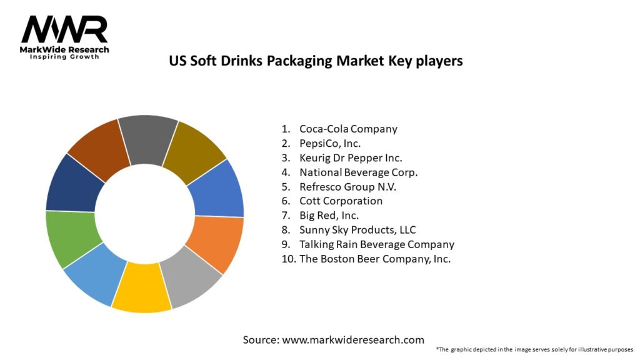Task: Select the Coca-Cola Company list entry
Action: point(348,129)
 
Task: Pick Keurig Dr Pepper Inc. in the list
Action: point(351,157)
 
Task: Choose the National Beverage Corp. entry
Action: point(358,172)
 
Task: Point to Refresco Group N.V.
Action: point(348,186)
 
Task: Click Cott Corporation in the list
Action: point(341,201)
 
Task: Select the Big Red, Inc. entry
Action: point(329,215)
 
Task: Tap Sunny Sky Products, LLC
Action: point(357,229)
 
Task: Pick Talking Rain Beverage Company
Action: point(376,244)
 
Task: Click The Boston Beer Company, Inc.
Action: point(375,258)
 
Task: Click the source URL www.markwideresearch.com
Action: point(353,340)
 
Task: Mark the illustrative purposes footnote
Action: point(535,349)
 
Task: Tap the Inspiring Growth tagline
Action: point(64,57)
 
